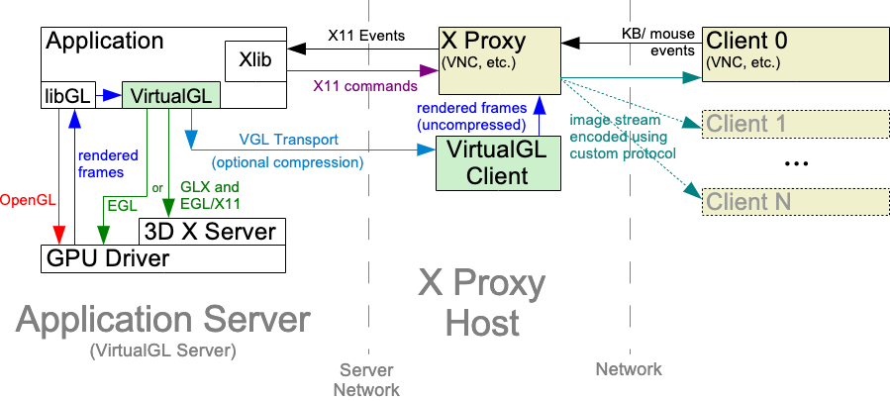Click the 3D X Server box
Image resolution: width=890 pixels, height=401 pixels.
(212, 232)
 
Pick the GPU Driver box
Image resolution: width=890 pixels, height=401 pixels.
(109, 258)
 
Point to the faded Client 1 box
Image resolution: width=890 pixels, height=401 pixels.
(775, 123)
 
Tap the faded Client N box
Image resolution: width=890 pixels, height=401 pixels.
(775, 202)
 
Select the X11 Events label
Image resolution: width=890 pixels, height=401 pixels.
(365, 36)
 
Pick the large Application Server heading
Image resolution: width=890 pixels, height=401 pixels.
(163, 320)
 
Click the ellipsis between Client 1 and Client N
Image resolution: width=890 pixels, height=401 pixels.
(796, 165)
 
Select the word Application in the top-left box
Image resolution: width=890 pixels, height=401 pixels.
(105, 41)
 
